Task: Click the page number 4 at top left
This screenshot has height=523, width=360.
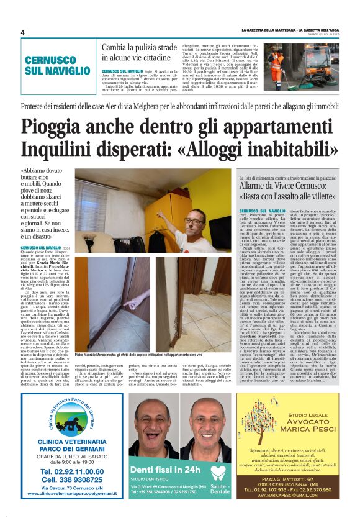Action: tap(22, 33)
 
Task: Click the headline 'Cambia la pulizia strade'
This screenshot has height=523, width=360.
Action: tap(139, 48)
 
